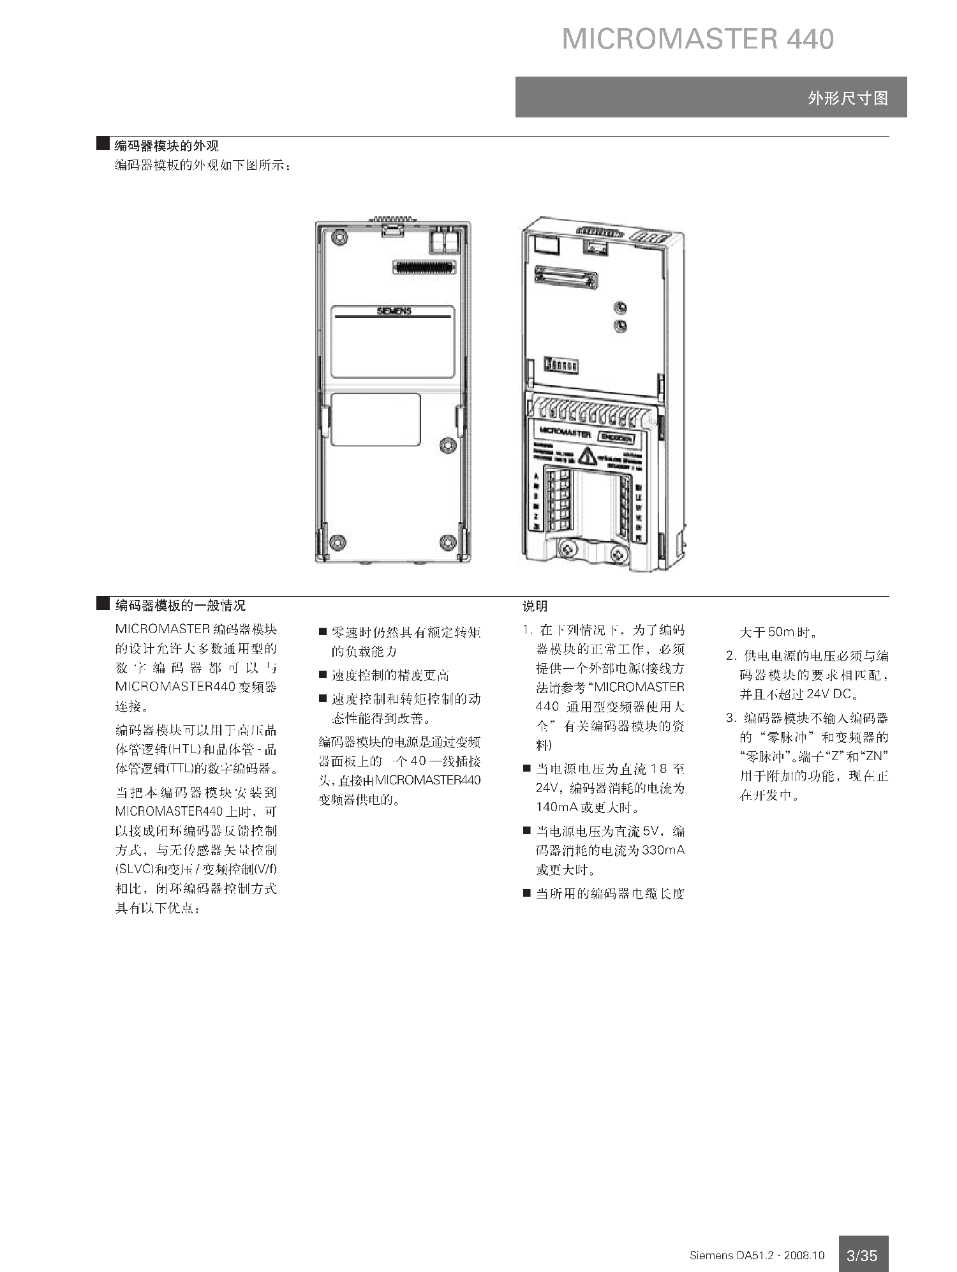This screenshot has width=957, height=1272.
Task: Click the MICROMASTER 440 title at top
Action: point(697,39)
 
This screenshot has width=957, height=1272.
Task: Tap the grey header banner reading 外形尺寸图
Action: point(711,97)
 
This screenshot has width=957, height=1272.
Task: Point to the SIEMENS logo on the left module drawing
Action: point(394,311)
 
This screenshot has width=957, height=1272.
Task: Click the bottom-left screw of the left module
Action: point(336,542)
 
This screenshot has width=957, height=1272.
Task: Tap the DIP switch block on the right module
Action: point(561,365)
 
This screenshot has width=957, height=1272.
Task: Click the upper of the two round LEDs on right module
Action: point(619,309)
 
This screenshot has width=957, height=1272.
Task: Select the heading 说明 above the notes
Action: point(535,606)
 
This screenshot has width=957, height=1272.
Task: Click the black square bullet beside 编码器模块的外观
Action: point(103,144)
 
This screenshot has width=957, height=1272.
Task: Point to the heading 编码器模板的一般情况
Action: point(180,606)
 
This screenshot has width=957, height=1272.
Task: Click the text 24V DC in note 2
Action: point(829,694)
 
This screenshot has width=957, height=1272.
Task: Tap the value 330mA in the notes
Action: point(664,850)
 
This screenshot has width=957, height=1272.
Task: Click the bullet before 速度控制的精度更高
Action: point(323,675)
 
